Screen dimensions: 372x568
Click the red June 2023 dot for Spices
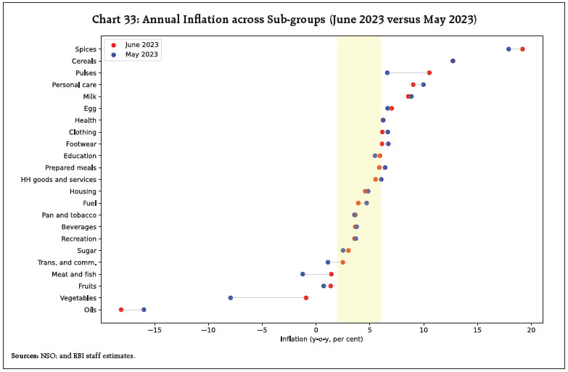click(x=522, y=49)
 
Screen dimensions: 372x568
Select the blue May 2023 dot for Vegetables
click(x=231, y=298)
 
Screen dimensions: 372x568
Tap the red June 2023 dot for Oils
click(x=121, y=310)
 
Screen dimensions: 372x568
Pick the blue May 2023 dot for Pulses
click(x=387, y=73)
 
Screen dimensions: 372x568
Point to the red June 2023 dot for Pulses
click(x=429, y=73)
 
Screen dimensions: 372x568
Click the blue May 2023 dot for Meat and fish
click(x=302, y=274)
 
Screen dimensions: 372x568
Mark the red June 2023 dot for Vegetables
click(x=306, y=298)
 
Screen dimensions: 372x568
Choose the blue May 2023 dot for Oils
click(x=144, y=310)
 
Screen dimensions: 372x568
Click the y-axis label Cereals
click(x=85, y=61)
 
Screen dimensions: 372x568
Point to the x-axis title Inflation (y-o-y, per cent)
click(x=316, y=339)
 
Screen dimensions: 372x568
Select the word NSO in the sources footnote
click(x=51, y=356)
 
